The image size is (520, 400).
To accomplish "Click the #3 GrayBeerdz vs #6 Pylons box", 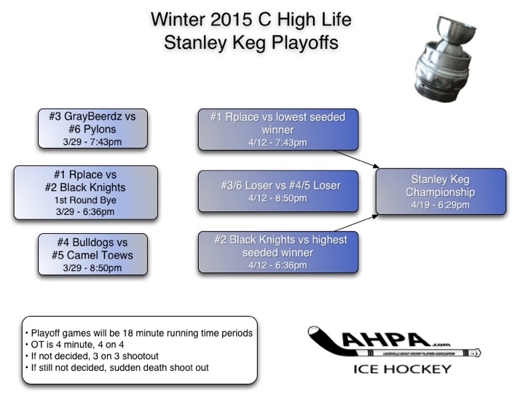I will (92, 129).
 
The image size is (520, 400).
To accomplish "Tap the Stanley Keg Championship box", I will (440, 192).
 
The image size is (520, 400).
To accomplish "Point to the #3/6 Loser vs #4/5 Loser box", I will (280, 191).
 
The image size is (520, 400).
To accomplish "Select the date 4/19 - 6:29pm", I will (440, 205).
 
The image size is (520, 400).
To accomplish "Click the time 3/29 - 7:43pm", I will (92, 142).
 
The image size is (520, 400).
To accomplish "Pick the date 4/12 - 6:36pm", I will (280, 265).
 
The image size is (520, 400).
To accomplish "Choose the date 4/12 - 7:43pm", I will (280, 142).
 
